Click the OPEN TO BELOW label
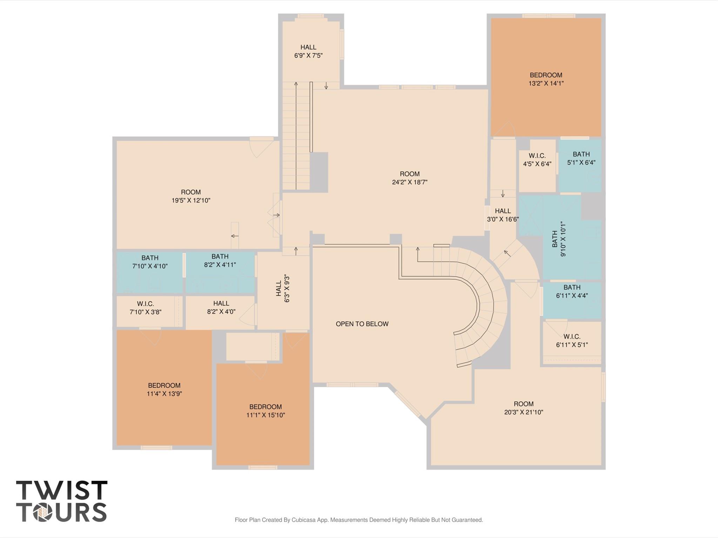point(362,324)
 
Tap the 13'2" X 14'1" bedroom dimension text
point(546,83)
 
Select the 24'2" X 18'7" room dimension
point(409,182)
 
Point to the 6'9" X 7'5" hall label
point(308,51)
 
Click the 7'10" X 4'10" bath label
point(150,262)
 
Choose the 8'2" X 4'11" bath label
point(220,261)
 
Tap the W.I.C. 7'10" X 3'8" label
point(145,308)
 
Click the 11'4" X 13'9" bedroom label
point(164,389)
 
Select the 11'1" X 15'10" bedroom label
point(266,411)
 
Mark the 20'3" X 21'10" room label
point(523,408)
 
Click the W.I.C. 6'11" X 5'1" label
point(572,340)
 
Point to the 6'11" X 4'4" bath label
point(572,291)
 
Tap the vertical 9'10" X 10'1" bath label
point(559,239)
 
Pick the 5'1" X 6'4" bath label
point(581,158)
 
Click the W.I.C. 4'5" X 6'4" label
point(537,159)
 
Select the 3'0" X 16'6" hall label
point(503,215)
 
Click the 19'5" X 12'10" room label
point(191,196)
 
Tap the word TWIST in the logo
point(62,490)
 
